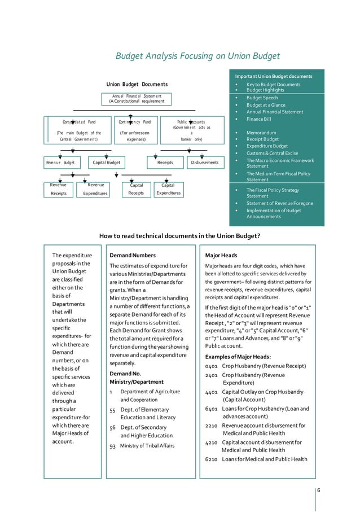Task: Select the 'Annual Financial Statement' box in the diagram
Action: click(x=137, y=99)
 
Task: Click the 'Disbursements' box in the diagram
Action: click(x=204, y=163)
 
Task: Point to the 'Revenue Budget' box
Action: click(x=60, y=163)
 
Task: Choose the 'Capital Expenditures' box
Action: click(x=168, y=189)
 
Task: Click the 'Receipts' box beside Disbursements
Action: click(x=165, y=163)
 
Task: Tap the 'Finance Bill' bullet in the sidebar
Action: click(x=259, y=119)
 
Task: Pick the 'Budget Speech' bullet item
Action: click(x=262, y=98)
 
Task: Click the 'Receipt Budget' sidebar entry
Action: click(x=263, y=139)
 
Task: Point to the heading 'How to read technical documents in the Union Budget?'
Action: click(x=179, y=236)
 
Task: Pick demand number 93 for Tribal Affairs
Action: click(x=112, y=446)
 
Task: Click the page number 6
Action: click(x=319, y=489)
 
